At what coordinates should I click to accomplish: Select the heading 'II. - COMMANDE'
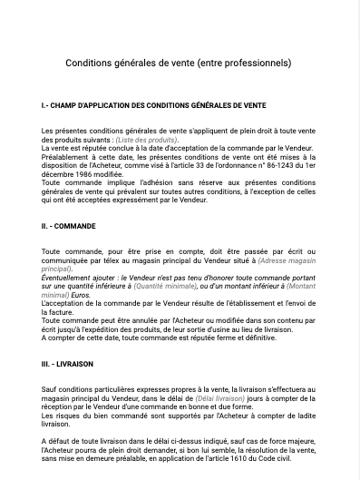(x=68, y=226)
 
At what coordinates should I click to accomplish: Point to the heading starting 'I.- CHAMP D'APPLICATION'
(x=153, y=106)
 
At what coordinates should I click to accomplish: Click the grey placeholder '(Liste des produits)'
(x=146, y=141)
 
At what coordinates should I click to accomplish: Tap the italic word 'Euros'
(x=82, y=293)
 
